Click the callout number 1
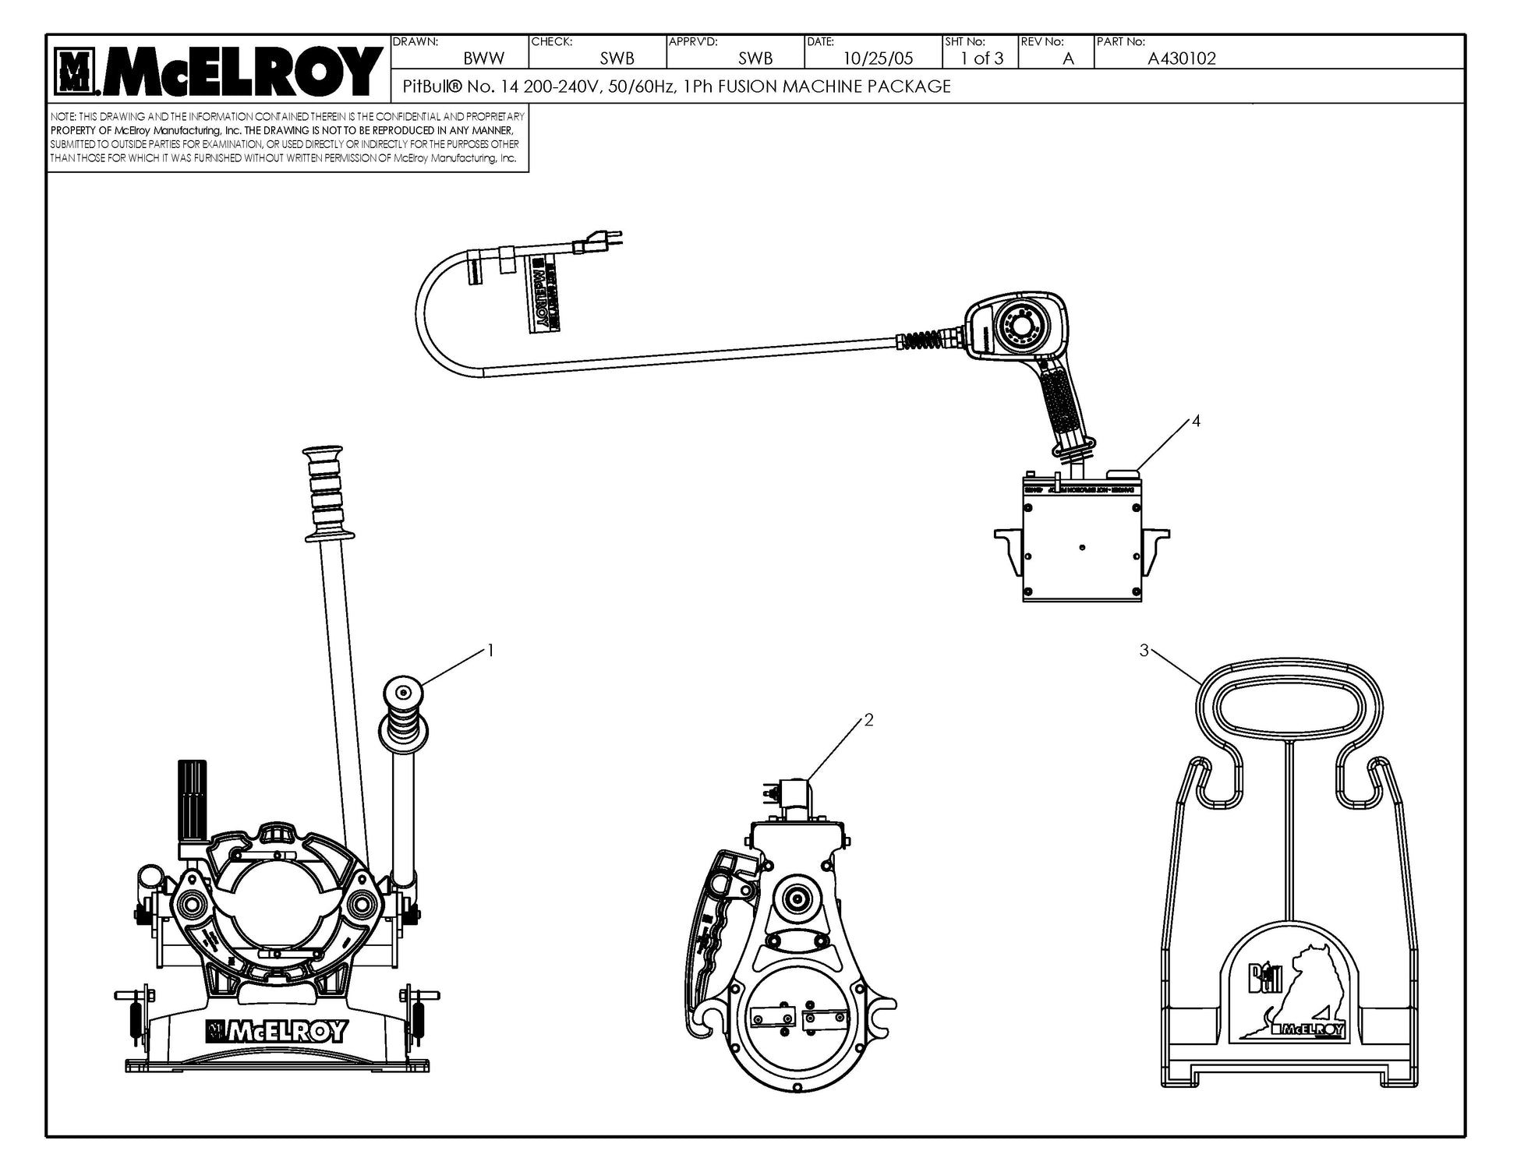pyautogui.click(x=490, y=650)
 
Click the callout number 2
pyautogui.click(x=868, y=720)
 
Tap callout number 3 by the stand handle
pyautogui.click(x=1144, y=651)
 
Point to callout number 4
pyautogui.click(x=1196, y=422)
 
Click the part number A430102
pyautogui.click(x=1181, y=58)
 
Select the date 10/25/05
pyautogui.click(x=878, y=58)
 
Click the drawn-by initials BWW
pyautogui.click(x=483, y=58)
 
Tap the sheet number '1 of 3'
pyautogui.click(x=981, y=58)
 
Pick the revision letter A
pyautogui.click(x=1068, y=58)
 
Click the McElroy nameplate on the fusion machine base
pyautogui.click(x=277, y=1031)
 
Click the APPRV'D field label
pyautogui.click(x=692, y=41)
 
